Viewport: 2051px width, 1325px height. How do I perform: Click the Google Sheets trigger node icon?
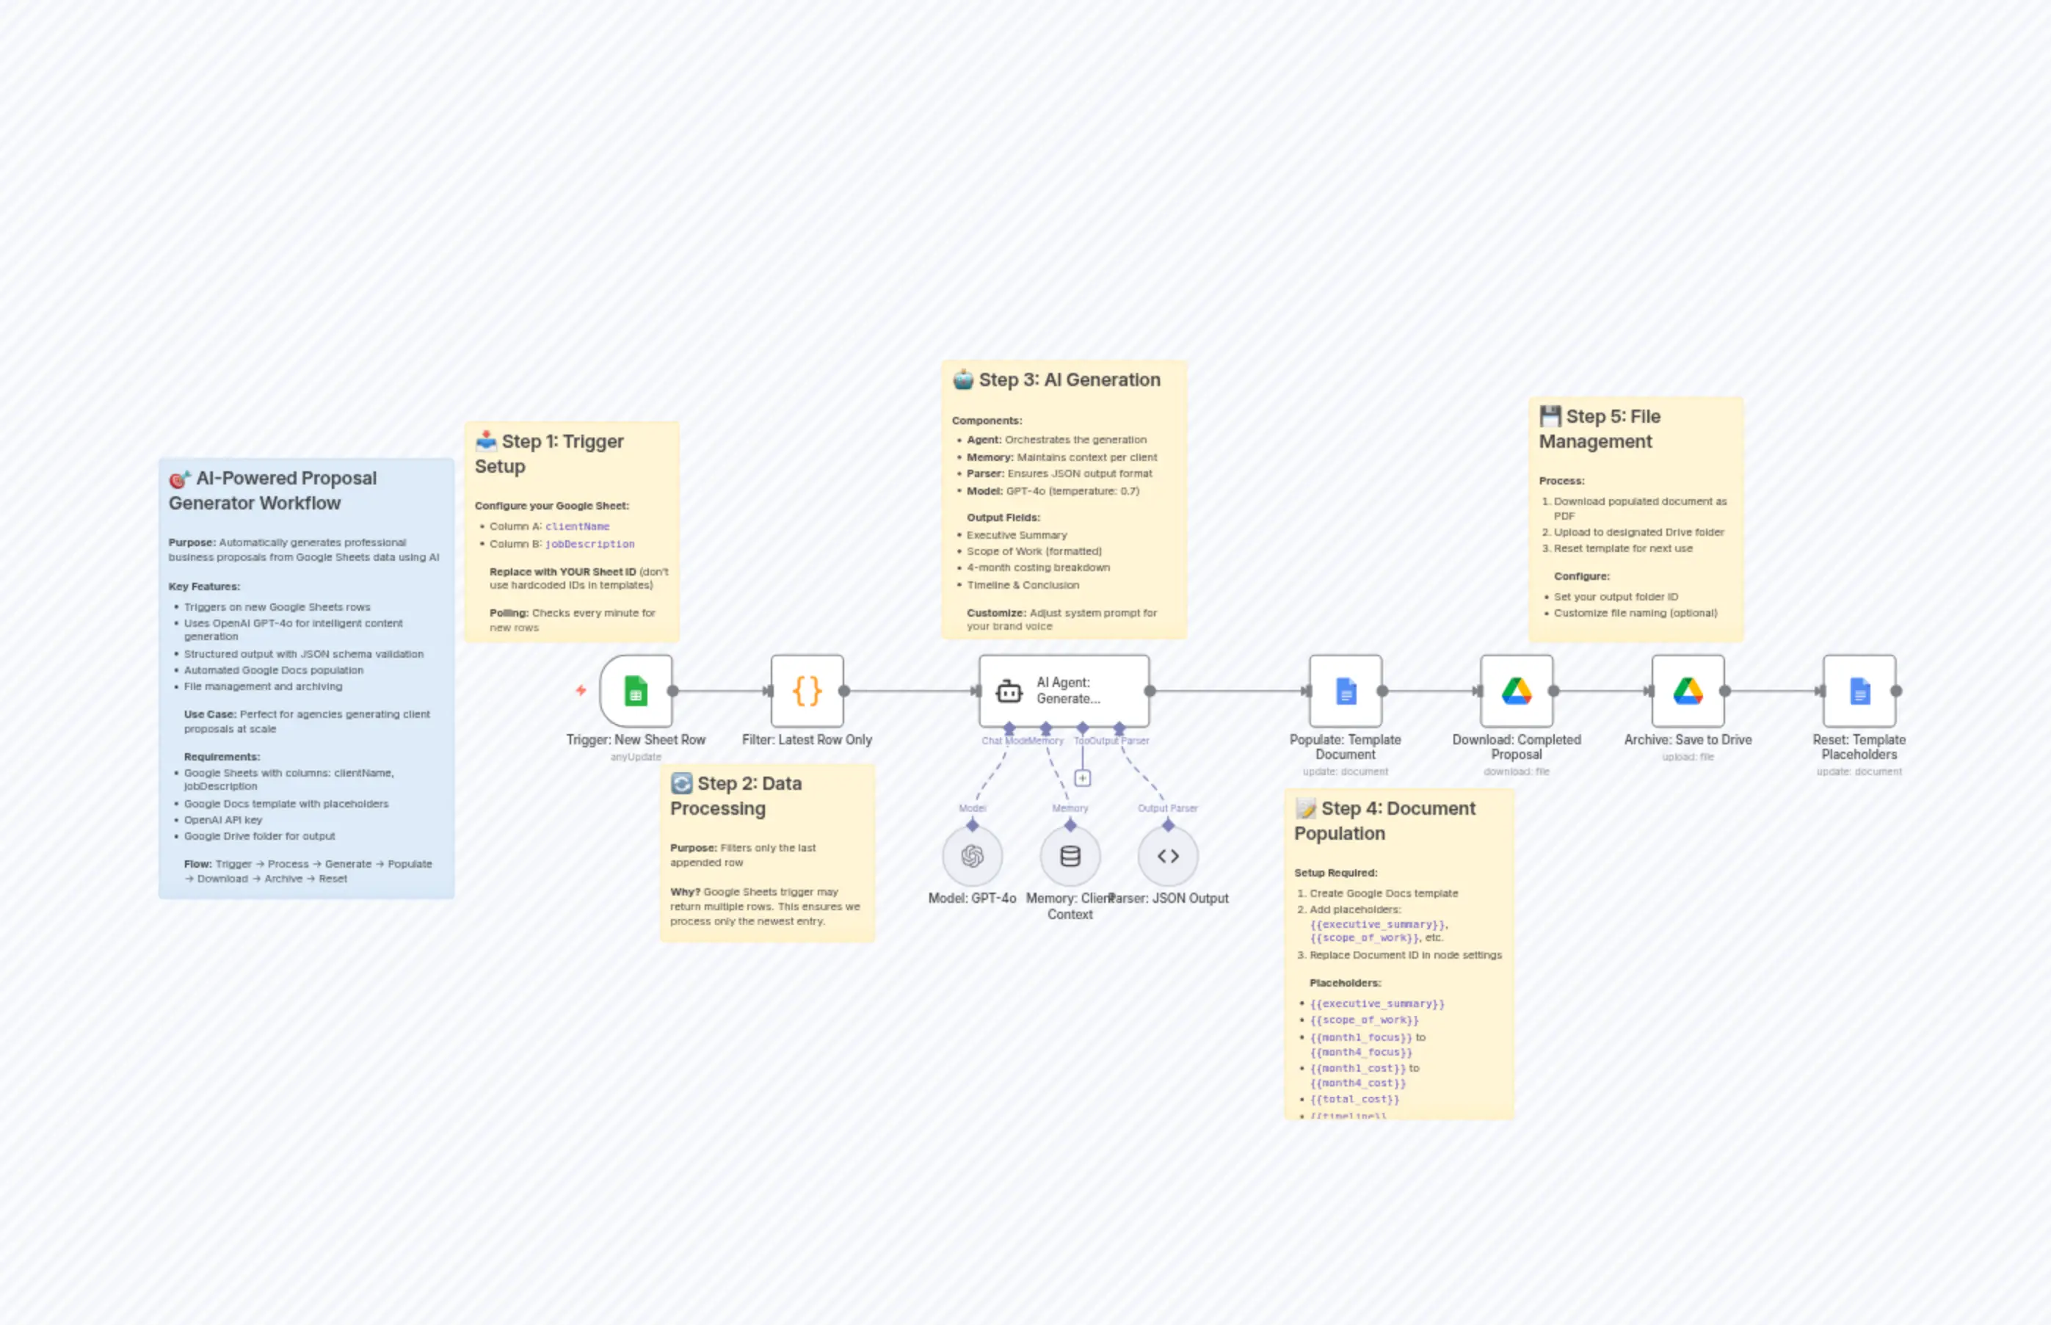[636, 691]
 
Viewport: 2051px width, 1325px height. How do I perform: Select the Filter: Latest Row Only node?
[807, 691]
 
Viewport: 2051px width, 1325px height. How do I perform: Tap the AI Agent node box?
[1064, 691]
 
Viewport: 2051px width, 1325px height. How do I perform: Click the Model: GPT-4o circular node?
[972, 856]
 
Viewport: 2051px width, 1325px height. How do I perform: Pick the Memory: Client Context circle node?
[1070, 856]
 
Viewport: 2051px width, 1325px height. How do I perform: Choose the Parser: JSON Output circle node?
[1167, 856]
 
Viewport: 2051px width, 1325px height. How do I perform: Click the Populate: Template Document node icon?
[1346, 691]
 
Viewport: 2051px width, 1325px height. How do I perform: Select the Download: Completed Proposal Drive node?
[1517, 691]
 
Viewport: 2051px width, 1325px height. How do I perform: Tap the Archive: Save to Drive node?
[1688, 691]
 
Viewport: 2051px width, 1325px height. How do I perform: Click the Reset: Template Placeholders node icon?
[1859, 691]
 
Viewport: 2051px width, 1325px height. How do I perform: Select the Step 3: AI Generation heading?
[1069, 380]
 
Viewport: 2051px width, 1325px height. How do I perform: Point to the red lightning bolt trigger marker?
[581, 690]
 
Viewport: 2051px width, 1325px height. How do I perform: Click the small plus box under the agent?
[1082, 778]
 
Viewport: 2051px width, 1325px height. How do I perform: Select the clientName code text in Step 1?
[577, 526]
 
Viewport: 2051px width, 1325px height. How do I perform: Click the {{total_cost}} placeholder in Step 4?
[1354, 1099]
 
